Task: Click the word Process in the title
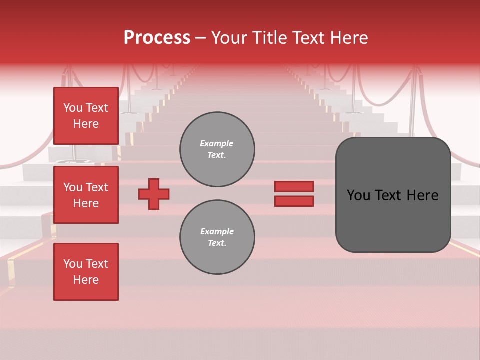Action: point(157,38)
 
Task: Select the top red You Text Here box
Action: point(86,116)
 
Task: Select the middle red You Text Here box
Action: point(86,195)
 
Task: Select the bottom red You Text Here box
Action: point(86,272)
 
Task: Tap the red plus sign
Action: point(154,194)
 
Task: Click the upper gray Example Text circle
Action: point(217,149)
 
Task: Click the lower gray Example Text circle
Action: point(217,237)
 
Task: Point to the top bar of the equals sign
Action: point(294,186)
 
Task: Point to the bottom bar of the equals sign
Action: point(294,201)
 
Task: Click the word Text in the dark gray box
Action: point(392,195)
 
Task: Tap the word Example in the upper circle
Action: point(217,143)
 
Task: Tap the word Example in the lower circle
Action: point(217,231)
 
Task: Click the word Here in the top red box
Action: point(86,124)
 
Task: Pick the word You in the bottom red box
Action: point(73,264)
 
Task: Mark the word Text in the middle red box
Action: point(96,187)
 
